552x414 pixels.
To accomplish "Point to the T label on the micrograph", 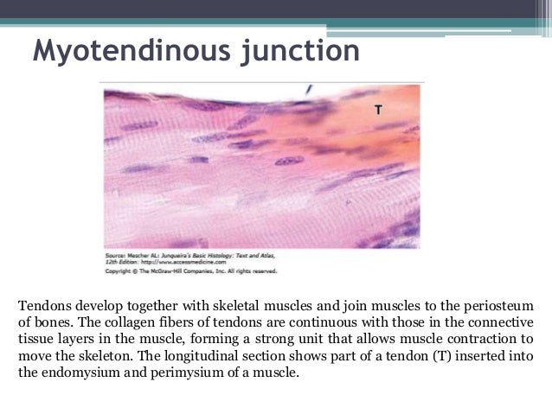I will click(x=378, y=110).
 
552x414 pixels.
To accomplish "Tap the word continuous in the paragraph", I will click(x=298, y=322).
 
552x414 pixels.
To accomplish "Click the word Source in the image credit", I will click(x=115, y=257).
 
